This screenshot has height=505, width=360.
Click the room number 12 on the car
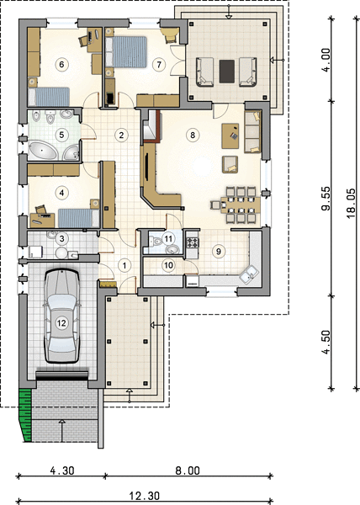pyautogui.click(x=61, y=322)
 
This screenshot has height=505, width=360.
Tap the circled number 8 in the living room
pyautogui.click(x=193, y=135)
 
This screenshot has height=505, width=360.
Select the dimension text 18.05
pyautogui.click(x=352, y=203)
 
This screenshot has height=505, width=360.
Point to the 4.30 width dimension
pyautogui.click(x=62, y=470)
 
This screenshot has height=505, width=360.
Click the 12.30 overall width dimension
pyautogui.click(x=145, y=496)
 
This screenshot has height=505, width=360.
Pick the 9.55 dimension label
pyautogui.click(x=326, y=199)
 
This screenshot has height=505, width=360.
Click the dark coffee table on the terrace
pyautogui.click(x=227, y=72)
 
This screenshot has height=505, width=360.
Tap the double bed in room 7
pyautogui.click(x=126, y=52)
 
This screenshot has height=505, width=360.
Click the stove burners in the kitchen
pyautogui.click(x=193, y=242)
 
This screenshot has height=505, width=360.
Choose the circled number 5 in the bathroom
pyautogui.click(x=61, y=135)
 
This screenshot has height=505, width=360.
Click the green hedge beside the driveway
pyautogui.click(x=25, y=415)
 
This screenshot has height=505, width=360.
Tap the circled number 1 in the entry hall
pyautogui.click(x=124, y=265)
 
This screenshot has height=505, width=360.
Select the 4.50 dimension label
pyautogui.click(x=326, y=342)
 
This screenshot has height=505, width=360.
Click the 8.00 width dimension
pyautogui.click(x=188, y=470)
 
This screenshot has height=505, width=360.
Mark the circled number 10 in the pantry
pyautogui.click(x=168, y=265)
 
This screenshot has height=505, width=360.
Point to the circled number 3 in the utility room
pyautogui.click(x=61, y=239)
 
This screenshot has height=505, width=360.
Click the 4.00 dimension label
pyautogui.click(x=326, y=61)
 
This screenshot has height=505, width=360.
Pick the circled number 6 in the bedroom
pyautogui.click(x=61, y=65)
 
